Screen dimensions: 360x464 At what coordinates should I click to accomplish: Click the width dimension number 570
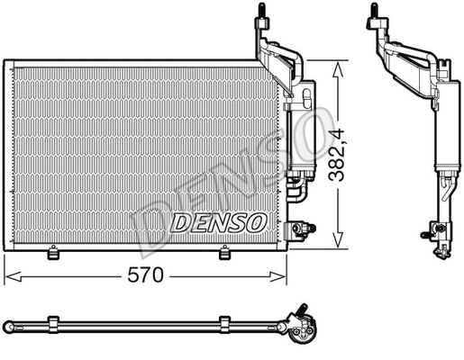146,275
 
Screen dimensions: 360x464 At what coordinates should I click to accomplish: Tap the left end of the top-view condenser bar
7,322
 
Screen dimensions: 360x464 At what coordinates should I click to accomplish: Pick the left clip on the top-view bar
53,322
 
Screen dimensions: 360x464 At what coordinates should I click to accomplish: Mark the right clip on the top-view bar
224,322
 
